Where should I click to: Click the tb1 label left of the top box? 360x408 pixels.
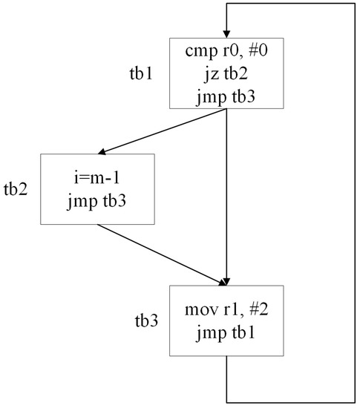click(x=141, y=76)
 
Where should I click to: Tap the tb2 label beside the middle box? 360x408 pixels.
click(x=16, y=188)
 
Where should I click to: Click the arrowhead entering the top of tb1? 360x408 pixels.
click(x=226, y=32)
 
